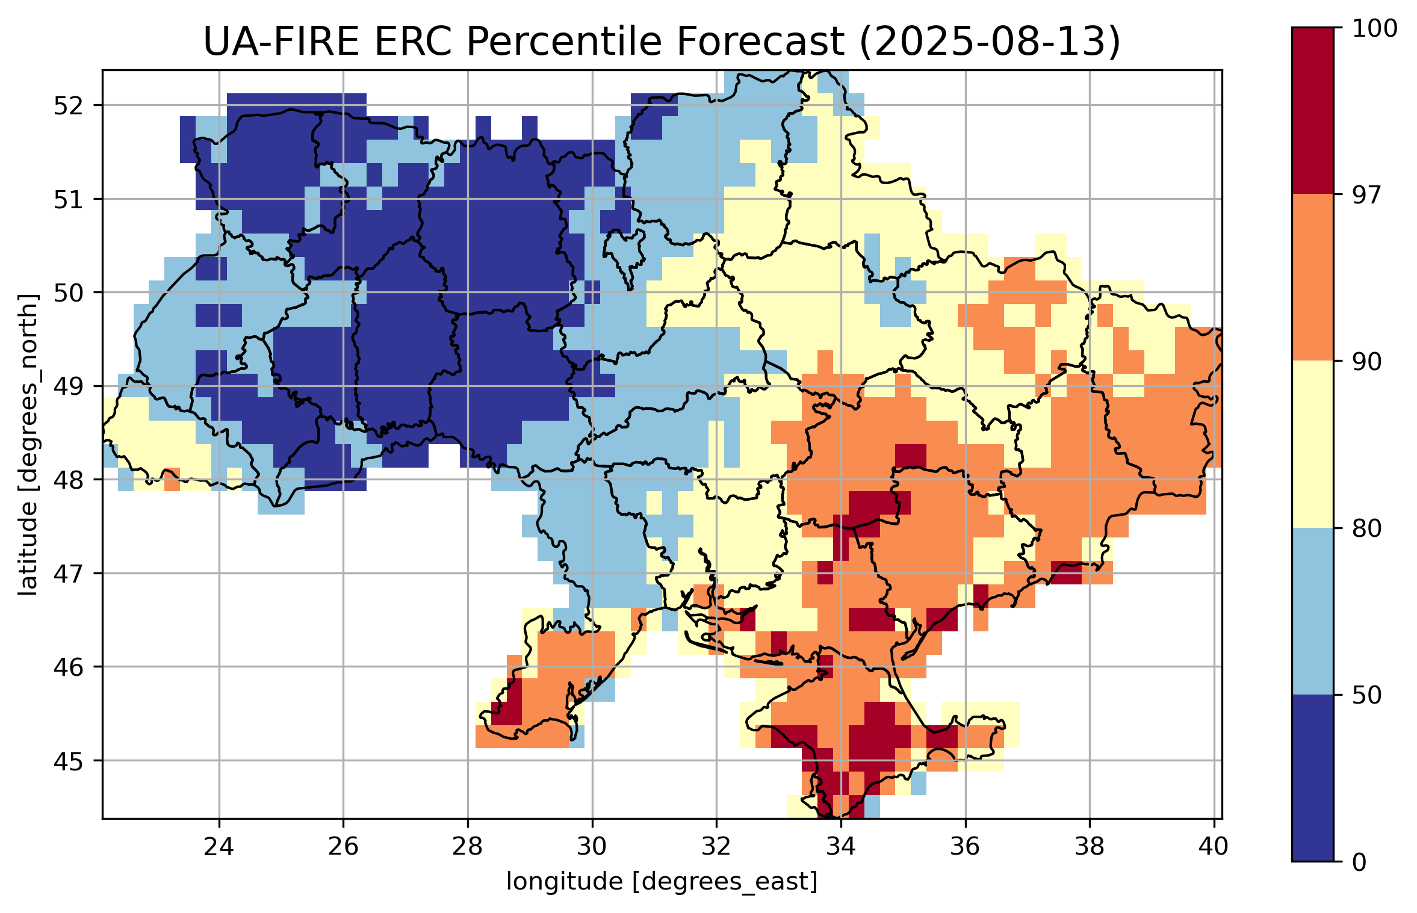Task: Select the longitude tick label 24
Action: (x=219, y=847)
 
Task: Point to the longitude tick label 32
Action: (x=716, y=847)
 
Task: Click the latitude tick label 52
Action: (x=68, y=106)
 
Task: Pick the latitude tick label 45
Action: (x=68, y=761)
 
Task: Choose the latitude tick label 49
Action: (x=68, y=386)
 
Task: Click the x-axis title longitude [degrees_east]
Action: (x=662, y=882)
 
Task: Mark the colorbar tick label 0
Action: (x=1359, y=862)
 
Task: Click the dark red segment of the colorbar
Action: (x=1312, y=111)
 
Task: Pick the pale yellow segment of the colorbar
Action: (x=1312, y=444)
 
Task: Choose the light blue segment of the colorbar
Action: (x=1312, y=611)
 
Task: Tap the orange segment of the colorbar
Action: (x=1312, y=277)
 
